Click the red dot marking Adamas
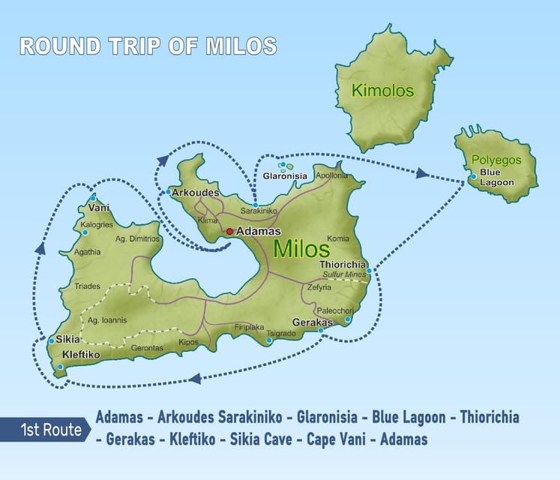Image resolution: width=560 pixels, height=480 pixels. click(230, 232)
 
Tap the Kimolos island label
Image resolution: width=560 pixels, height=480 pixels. click(383, 91)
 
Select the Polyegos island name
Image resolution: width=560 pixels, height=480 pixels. click(494, 160)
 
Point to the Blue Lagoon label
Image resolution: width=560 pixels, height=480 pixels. click(497, 178)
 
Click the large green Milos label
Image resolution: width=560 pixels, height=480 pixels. click(301, 250)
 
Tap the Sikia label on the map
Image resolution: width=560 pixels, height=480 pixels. click(68, 340)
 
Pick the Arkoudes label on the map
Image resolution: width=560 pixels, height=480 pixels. click(195, 193)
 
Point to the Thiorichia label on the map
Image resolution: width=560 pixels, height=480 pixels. click(343, 265)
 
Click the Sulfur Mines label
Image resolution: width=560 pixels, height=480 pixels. click(343, 275)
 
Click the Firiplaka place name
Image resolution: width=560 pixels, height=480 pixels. click(250, 327)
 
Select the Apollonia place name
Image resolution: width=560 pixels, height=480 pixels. click(332, 175)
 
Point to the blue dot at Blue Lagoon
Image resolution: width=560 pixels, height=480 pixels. click(474, 177)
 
